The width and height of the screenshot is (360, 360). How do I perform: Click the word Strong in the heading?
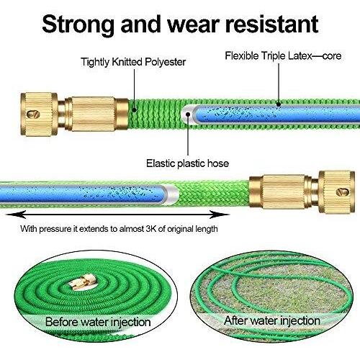pos(78,25)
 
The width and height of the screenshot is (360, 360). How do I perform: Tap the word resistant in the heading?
pos(271,24)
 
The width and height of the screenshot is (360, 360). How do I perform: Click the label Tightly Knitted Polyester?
pos(133,62)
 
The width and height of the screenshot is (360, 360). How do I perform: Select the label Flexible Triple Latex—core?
pos(283,56)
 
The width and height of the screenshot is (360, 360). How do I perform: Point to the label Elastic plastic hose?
pos(187,163)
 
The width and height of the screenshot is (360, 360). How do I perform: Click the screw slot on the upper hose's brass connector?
pos(33,114)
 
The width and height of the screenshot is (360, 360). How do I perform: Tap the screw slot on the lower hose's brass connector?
pos(343,192)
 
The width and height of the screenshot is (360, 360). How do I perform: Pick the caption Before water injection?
pos(98,322)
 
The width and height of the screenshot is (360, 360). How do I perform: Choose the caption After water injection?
pos(272,320)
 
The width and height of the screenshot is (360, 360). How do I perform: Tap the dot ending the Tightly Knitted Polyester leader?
pos(135,110)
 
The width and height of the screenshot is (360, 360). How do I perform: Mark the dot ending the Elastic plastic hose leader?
pos(188,114)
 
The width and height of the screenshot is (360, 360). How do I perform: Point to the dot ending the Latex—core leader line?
pos(279,104)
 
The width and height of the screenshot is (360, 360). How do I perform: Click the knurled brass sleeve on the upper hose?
pos(93,114)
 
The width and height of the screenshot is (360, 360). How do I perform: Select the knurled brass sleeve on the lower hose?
pos(284,192)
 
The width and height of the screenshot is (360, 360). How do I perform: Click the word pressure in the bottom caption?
pos(55,229)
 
